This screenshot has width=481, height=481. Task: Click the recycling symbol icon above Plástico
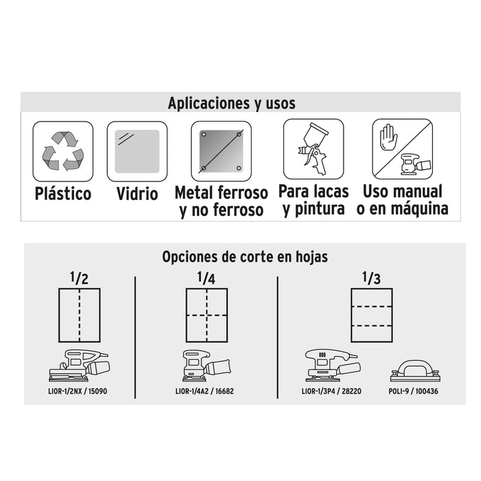[63, 151]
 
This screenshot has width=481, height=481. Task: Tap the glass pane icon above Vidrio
[137, 151]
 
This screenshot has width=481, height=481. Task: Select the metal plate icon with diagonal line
[221, 151]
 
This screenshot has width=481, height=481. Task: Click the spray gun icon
[313, 149]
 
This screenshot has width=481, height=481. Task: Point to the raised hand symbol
[389, 137]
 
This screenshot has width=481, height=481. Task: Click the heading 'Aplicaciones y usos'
[232, 103]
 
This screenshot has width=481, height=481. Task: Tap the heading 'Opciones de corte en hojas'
[245, 257]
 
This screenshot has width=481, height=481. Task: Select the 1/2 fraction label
[79, 278]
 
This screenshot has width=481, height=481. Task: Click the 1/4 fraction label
[206, 278]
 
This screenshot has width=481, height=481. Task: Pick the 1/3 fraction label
[371, 278]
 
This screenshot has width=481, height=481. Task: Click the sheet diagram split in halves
[80, 315]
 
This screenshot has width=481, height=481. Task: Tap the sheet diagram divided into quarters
[207, 315]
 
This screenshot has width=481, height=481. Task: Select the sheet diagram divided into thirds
[372, 315]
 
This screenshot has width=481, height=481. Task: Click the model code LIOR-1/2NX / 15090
[78, 391]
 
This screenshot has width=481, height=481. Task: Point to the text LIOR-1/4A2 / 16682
[204, 391]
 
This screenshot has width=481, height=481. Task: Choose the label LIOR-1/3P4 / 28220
[331, 391]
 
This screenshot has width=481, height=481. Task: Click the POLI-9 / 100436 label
[413, 391]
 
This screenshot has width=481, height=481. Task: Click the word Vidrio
[137, 194]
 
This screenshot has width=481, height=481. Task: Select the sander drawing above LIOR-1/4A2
[206, 366]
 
